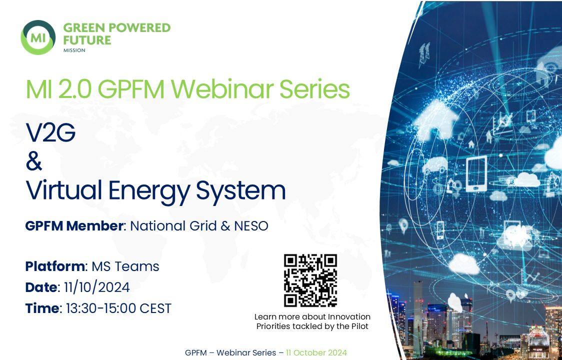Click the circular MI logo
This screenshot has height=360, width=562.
[x=38, y=37]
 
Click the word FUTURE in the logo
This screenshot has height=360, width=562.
[x=87, y=40]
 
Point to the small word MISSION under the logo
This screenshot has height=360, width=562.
[x=74, y=50]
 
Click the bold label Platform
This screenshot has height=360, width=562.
[x=55, y=266]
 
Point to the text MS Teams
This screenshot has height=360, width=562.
[x=125, y=266]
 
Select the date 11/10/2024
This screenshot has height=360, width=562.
[x=97, y=287]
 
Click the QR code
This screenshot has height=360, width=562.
[x=310, y=280]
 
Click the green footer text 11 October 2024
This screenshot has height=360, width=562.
[x=316, y=352]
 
